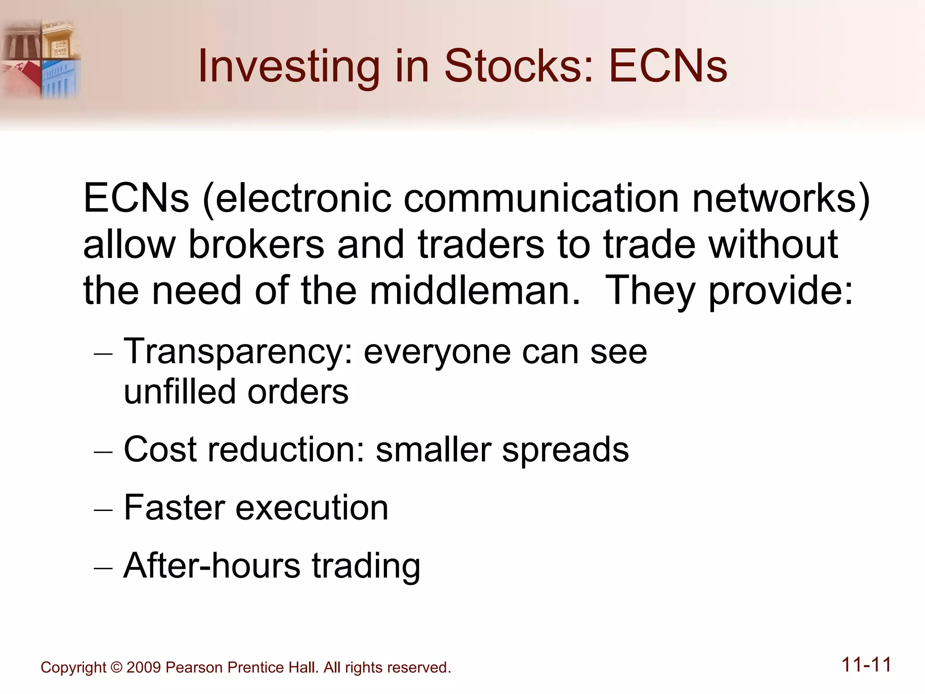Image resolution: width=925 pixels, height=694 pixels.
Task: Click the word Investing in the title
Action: [x=289, y=66]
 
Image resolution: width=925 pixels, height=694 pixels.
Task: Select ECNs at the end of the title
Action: [x=668, y=66]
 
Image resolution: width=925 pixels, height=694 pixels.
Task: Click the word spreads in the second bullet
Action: [x=565, y=450]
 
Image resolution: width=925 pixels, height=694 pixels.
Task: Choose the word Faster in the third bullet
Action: [x=174, y=507]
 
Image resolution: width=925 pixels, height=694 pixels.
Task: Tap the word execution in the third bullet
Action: [x=312, y=507]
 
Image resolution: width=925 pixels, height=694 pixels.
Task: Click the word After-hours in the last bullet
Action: [x=212, y=565]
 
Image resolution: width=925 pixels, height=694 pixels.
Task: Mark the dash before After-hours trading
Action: [x=103, y=567]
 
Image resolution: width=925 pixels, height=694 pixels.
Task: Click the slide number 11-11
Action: [x=866, y=665]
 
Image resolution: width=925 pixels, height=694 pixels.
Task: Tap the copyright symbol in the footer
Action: [x=116, y=667]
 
